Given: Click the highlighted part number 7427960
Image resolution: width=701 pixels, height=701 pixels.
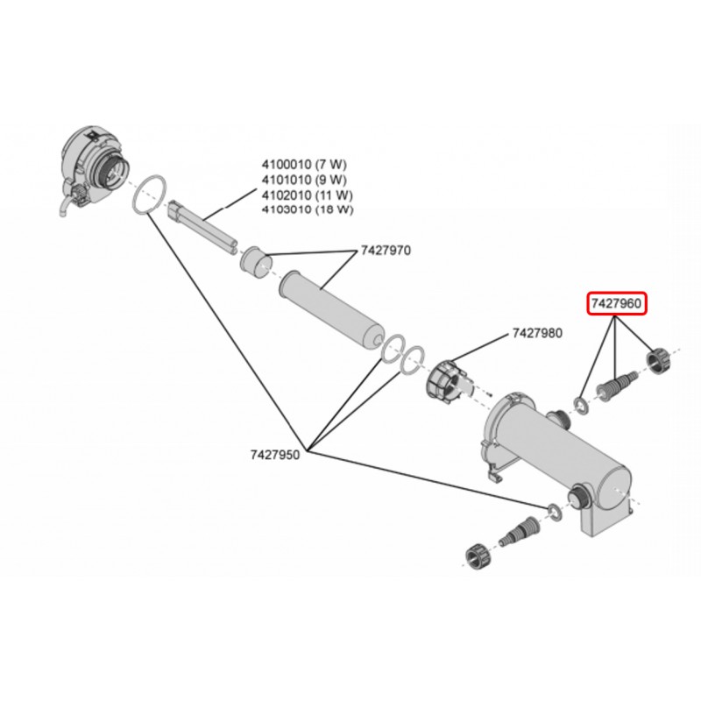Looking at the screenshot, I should coord(617,304).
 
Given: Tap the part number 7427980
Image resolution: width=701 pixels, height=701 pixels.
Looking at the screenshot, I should coord(538,333).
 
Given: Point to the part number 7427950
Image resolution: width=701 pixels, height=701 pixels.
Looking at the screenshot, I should coord(274,455).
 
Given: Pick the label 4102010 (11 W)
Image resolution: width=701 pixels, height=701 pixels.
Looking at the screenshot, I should coord(308,194).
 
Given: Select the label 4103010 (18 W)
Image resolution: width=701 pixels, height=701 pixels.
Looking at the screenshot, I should coord(308,209).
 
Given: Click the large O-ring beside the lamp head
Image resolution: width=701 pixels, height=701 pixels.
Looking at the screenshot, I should coord(149,194).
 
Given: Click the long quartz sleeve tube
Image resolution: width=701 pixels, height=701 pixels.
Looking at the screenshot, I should coord(331,310).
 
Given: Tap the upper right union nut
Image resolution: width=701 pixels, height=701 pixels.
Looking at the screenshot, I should coord(656,359).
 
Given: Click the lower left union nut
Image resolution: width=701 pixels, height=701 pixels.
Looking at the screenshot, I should coord(477,556).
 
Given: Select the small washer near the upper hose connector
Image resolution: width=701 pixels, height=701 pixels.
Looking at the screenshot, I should coord(581,405).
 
